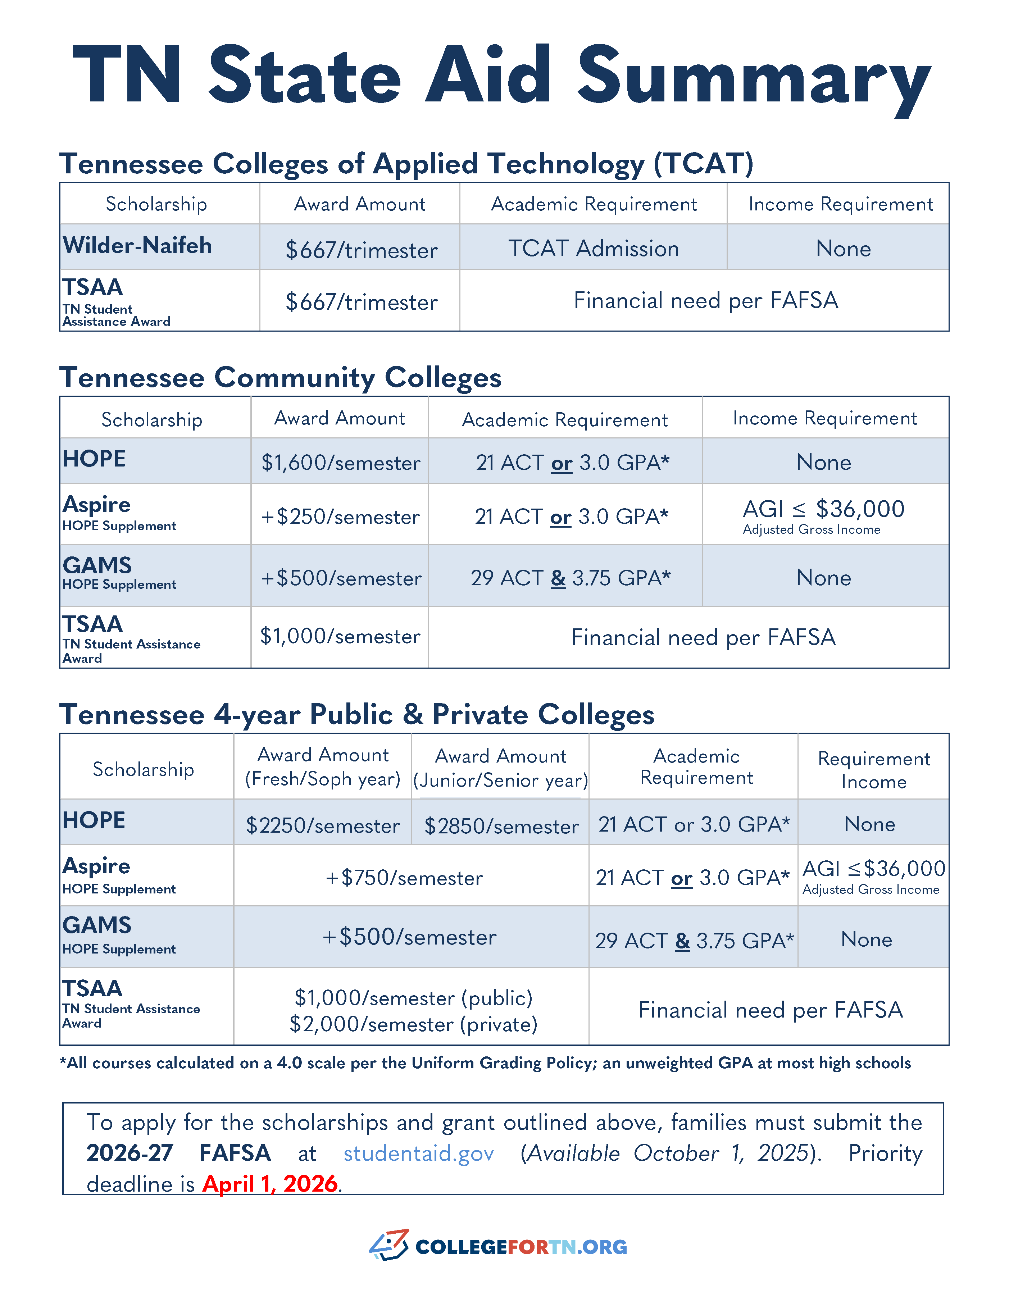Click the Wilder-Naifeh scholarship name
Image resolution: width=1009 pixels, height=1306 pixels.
[x=137, y=246]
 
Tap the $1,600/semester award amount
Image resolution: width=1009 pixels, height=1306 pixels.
[x=340, y=463]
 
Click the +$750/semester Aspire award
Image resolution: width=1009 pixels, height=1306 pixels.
[x=404, y=878]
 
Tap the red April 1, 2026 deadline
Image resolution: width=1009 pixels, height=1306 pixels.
[x=271, y=1183]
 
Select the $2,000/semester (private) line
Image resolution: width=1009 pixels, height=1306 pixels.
[x=413, y=1024]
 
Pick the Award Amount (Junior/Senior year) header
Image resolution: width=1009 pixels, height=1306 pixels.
[x=501, y=768]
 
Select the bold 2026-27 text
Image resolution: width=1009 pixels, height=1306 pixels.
[x=130, y=1153]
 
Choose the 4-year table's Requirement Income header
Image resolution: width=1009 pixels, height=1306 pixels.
[x=873, y=770]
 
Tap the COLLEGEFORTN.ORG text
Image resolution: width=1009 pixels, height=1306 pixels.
[x=521, y=1247]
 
